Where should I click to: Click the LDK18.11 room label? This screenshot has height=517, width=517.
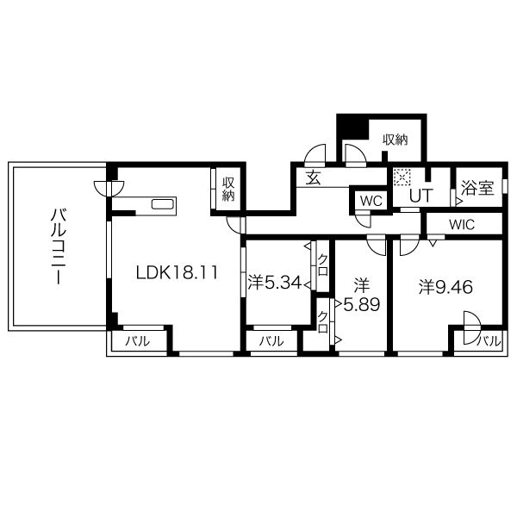point(177,272)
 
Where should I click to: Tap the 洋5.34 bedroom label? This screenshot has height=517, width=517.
point(274,283)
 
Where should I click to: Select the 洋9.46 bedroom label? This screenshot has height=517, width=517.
point(445,287)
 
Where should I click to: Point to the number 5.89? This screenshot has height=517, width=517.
point(362,305)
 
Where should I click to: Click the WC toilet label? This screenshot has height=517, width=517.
point(371,201)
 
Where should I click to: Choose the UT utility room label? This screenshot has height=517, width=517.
point(420,196)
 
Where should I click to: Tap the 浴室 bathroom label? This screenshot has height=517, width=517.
point(477,188)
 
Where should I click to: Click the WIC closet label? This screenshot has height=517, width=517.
point(462,225)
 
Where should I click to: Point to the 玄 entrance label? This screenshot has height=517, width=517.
point(313,178)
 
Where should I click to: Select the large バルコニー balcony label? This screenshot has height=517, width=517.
point(59,246)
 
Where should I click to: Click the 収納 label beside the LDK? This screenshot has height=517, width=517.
point(228,189)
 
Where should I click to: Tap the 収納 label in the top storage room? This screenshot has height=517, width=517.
point(395,140)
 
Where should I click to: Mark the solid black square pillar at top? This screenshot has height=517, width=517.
point(352,127)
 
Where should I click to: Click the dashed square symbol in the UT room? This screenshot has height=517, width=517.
point(402,178)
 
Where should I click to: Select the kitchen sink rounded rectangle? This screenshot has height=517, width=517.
point(163,204)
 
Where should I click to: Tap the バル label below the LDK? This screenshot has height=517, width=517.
point(137,341)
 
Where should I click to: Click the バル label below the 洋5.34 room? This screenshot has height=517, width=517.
point(271,341)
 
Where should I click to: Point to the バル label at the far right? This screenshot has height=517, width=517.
point(489,341)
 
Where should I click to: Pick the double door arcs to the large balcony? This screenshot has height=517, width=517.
point(109,189)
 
